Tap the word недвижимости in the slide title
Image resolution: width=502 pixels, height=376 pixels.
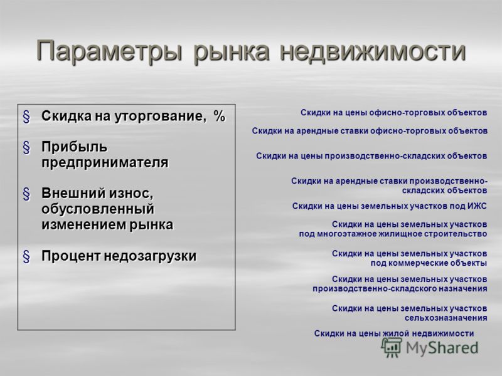[x=373, y=51]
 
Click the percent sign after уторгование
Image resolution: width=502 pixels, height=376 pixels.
[x=220, y=116]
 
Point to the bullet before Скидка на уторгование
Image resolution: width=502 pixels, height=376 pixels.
[x=26, y=117]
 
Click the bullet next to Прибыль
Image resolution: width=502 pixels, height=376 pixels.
[x=26, y=148]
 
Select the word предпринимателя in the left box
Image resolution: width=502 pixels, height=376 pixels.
[x=105, y=163]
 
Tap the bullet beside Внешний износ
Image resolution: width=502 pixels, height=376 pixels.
[x=26, y=194]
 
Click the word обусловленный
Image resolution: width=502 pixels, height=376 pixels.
[x=98, y=209]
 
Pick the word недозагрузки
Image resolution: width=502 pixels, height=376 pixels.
[x=150, y=256]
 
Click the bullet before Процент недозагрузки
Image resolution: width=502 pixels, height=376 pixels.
[x=26, y=257]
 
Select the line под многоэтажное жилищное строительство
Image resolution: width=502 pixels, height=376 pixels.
[x=393, y=234]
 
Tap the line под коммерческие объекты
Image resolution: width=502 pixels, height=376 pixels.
[x=429, y=263]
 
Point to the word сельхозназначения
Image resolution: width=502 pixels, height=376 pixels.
[x=446, y=318]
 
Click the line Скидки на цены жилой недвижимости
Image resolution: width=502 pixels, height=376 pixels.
[x=394, y=333]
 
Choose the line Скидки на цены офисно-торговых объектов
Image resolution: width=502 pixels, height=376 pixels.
[x=394, y=113]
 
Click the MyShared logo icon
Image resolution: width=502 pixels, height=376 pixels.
[x=392, y=348]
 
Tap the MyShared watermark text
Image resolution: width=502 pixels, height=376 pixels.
[x=442, y=348]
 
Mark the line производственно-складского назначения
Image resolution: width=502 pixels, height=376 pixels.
[x=400, y=289]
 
